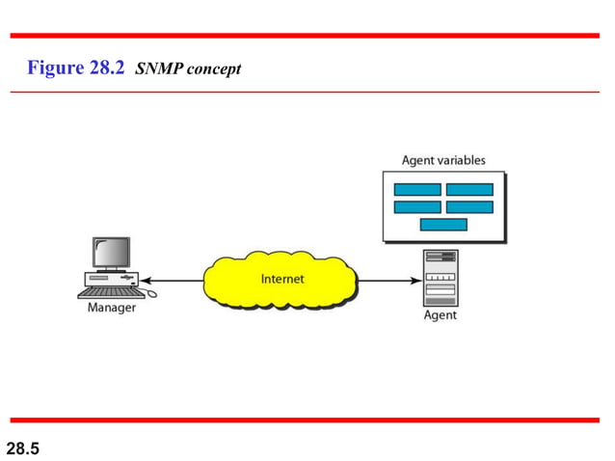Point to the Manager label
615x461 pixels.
112,309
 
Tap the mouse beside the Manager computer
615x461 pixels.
149,293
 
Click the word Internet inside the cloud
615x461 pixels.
282,280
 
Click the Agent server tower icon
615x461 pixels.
441,278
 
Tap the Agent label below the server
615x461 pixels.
441,315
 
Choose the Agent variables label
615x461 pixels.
443,160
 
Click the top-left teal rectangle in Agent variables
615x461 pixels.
417,189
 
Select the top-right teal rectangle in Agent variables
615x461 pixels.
469,189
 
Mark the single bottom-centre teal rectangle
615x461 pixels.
443,225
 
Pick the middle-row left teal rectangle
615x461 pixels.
417,206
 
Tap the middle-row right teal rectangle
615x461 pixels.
469,206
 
